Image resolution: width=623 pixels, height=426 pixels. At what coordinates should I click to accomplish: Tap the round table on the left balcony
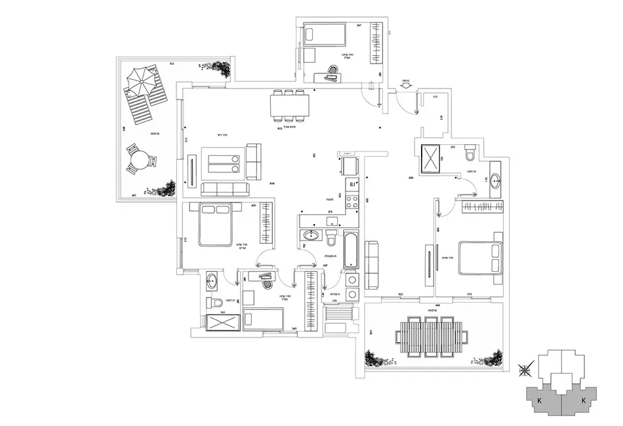pos(139,159)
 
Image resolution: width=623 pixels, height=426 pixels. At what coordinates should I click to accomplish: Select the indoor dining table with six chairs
pos(289,106)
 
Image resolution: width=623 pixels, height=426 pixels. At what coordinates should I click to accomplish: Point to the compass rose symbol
pos(525,370)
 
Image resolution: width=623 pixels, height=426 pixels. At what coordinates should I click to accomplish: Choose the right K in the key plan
pos(582,399)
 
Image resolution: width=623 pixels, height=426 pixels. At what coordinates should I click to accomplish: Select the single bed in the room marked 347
pos(324,33)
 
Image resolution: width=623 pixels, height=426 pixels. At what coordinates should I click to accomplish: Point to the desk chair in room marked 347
pos(333,69)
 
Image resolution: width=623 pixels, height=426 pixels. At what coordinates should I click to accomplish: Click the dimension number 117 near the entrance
pos(434,97)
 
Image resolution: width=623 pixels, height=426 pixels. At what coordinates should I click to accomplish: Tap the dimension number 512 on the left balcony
pos(172,64)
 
